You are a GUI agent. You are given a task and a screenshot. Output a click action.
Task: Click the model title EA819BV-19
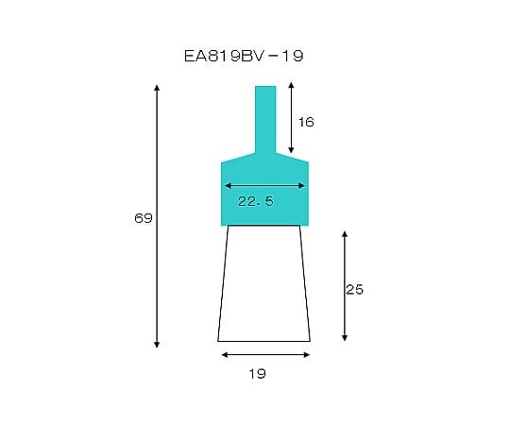pos(244,56)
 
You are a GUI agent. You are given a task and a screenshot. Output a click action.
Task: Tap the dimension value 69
pos(144,218)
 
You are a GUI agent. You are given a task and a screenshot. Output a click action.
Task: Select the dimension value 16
pos(306,122)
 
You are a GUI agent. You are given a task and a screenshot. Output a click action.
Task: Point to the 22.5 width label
pos(256,201)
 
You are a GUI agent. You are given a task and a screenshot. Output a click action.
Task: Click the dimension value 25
pos(354,289)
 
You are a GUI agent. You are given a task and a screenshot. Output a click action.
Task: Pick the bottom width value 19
pos(257,374)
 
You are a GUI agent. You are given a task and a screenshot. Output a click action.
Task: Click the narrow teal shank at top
pos(265,119)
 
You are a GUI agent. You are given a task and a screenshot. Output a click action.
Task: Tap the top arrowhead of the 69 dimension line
pos(157,88)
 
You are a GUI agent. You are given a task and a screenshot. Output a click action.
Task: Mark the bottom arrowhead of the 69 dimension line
pos(157,345)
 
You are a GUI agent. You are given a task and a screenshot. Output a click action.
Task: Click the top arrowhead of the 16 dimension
pos(291,85)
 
